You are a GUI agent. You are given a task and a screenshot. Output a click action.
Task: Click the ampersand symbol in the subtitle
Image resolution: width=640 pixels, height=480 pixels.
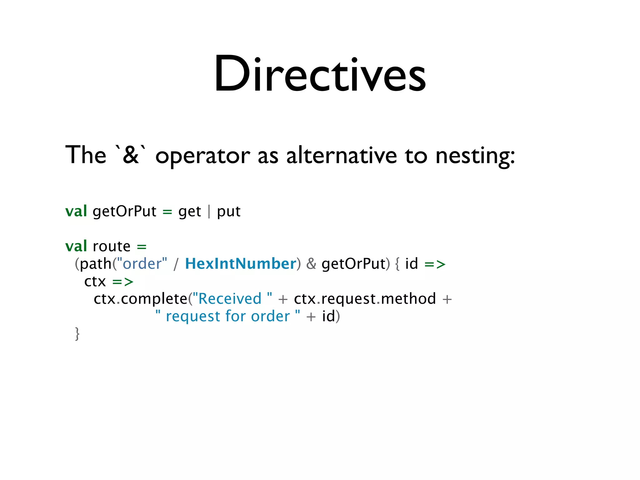click(131, 155)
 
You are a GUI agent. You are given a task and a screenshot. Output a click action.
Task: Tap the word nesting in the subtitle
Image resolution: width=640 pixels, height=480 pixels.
click(475, 156)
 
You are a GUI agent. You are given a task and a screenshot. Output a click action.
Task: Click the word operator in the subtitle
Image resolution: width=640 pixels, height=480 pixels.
click(202, 156)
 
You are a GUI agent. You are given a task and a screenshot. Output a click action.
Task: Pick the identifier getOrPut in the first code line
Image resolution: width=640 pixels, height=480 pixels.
click(124, 212)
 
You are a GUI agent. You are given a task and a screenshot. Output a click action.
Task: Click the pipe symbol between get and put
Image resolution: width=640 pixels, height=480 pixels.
click(209, 212)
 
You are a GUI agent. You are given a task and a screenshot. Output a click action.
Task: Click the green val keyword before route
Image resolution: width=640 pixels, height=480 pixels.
click(76, 246)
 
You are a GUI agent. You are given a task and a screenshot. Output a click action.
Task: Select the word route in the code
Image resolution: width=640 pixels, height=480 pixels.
click(112, 246)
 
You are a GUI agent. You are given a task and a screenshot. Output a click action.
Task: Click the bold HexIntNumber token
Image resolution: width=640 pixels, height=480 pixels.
click(240, 264)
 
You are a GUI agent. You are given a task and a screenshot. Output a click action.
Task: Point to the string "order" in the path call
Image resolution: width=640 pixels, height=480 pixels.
click(142, 264)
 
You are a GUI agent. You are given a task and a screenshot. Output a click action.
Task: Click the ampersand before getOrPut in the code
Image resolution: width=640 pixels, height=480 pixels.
click(311, 264)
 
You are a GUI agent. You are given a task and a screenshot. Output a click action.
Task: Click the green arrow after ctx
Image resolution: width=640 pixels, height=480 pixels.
click(123, 282)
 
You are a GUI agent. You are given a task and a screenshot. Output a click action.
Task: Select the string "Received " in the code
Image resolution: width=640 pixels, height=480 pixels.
click(232, 299)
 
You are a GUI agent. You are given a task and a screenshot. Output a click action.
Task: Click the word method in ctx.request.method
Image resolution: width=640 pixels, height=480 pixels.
click(408, 299)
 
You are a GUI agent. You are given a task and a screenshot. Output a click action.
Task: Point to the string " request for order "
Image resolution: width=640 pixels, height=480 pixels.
click(228, 316)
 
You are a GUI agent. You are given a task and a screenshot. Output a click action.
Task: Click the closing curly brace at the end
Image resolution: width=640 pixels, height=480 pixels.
click(77, 334)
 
